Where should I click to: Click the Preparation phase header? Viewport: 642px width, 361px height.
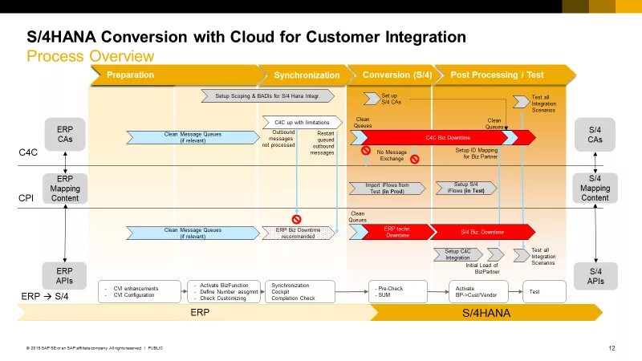pyautogui.click(x=130, y=75)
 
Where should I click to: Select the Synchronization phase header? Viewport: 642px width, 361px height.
pyautogui.click(x=307, y=75)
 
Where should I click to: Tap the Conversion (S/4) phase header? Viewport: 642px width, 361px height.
pyautogui.click(x=396, y=75)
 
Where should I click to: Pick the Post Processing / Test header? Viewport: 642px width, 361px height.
pyautogui.click(x=497, y=75)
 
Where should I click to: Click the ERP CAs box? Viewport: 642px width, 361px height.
pyautogui.click(x=65, y=134)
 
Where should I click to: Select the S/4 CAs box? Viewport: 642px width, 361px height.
pyautogui.click(x=595, y=134)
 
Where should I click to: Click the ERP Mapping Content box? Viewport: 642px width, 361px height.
pyautogui.click(x=65, y=188)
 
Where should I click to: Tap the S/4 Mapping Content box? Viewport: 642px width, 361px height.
pyautogui.click(x=595, y=188)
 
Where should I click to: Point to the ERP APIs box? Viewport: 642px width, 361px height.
pyautogui.click(x=65, y=275)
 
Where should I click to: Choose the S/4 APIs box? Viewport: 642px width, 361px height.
pyautogui.click(x=595, y=275)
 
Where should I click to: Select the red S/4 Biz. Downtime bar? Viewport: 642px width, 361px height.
pyautogui.click(x=481, y=232)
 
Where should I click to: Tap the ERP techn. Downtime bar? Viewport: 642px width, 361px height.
pyautogui.click(x=398, y=232)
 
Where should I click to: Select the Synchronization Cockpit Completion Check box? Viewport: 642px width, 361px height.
pyautogui.click(x=299, y=291)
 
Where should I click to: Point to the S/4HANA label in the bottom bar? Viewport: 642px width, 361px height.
pyautogui.click(x=486, y=314)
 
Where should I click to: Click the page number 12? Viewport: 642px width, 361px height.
pyautogui.click(x=612, y=347)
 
